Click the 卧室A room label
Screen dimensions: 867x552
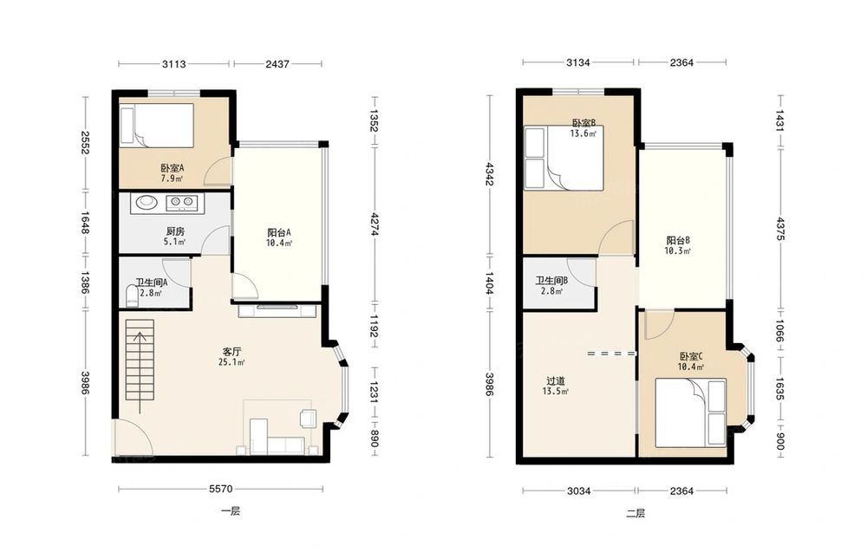[x=172, y=167]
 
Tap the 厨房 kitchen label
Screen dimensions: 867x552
[x=174, y=231]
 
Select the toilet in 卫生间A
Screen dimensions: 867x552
[x=132, y=295]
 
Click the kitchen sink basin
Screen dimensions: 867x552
[x=147, y=202]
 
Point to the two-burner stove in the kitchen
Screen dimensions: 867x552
[x=181, y=203]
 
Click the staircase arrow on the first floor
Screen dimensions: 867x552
[x=140, y=372]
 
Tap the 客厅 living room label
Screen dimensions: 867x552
[x=231, y=352]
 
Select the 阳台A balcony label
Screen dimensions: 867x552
[x=278, y=232]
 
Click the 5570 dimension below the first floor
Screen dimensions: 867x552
[x=220, y=489]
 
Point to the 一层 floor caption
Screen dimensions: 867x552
[x=231, y=511]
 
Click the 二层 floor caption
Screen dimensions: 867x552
[x=636, y=513]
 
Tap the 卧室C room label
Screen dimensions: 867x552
[x=691, y=356]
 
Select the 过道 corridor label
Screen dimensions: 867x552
[x=556, y=380]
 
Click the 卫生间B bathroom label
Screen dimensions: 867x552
[x=551, y=281]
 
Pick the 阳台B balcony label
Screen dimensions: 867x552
[x=678, y=240]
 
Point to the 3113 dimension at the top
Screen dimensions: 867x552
[x=173, y=64]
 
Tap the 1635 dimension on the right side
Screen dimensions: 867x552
[x=779, y=388]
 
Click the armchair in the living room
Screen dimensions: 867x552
[x=308, y=418]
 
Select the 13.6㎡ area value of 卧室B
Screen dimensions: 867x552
[x=583, y=133]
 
